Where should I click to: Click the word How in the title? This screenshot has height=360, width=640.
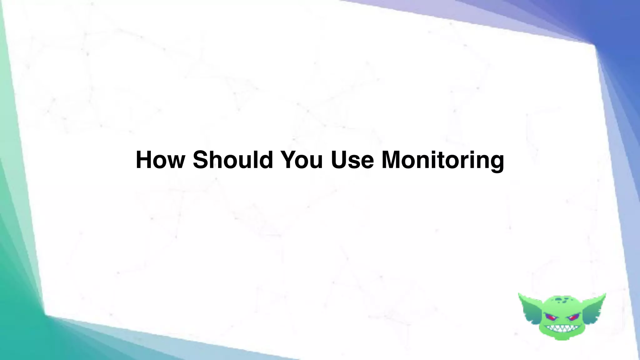pos(160,160)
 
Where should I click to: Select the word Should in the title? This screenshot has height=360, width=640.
pos(233,160)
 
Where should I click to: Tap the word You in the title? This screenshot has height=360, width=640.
pos(302,160)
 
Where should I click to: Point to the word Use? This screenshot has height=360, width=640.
pos(352,160)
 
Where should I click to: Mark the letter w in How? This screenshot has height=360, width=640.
pos(176,162)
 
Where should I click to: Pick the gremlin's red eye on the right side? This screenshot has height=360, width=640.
pos(573,318)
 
